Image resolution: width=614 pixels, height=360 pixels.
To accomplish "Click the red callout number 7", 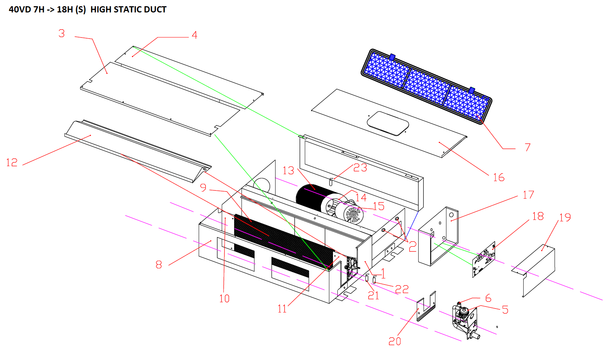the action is pos(528,147).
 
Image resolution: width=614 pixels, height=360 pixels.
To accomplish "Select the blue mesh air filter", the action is pos(427,87).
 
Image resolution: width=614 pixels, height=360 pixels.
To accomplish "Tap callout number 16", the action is pos(499,177).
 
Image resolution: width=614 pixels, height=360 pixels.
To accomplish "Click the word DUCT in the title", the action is pos(155,10).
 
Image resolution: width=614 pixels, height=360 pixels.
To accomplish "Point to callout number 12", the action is pos(12,162).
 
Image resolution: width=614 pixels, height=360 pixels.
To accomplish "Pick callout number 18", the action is pos(538,216).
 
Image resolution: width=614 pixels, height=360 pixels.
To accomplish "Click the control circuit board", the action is pos(484,259).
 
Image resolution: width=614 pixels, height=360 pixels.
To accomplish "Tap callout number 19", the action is pos(565,217).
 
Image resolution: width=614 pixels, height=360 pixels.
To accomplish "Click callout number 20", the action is pos(395,341).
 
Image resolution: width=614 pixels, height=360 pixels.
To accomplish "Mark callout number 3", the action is pos(61,33).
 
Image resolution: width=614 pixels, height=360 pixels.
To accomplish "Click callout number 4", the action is pos(195,35).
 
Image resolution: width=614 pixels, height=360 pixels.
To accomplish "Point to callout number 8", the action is pos(159,265).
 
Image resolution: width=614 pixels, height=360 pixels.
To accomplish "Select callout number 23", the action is pos(360,168).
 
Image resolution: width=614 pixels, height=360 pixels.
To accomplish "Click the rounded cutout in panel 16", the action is pos(388,123).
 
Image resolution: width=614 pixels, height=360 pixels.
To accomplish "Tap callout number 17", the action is pos(528,195).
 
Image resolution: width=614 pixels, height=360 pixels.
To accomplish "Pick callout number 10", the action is pos(224,299).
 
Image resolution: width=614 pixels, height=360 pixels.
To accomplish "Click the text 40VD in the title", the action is pos(20,10).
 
